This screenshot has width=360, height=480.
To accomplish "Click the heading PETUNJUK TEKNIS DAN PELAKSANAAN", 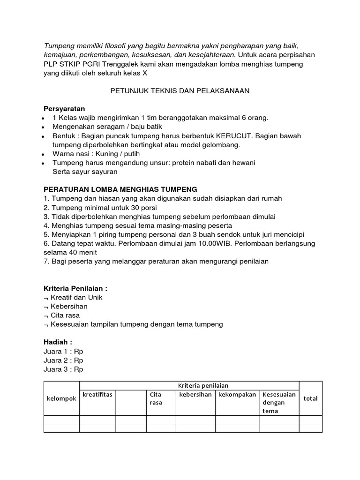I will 180,91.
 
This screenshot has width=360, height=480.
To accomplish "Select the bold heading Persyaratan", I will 64,109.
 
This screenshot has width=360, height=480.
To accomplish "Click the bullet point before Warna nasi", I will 43,154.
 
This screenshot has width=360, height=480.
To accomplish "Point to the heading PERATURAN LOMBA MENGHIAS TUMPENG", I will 120,189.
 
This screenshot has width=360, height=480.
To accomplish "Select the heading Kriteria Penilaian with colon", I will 78,288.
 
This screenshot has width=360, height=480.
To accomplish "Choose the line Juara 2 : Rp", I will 63,360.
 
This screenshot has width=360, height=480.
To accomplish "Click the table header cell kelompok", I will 61,398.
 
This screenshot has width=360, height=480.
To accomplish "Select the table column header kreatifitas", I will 97,394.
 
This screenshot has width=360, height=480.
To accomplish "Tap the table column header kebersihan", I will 195,394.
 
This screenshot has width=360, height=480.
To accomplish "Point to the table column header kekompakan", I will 237,394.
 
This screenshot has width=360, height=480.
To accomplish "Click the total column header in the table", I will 310,398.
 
